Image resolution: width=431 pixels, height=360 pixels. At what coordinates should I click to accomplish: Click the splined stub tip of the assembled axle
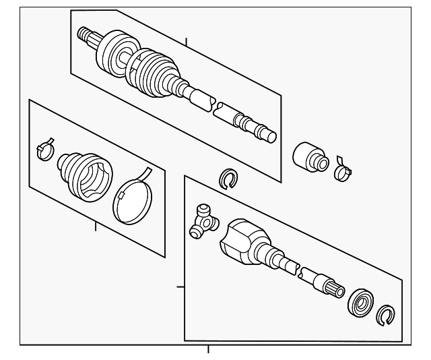86,34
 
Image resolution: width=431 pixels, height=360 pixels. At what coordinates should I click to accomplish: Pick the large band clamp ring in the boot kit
132,197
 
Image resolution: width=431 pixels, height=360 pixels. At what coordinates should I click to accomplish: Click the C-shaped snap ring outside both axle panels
229,178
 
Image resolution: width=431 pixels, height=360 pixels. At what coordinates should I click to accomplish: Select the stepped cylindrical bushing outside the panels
309,156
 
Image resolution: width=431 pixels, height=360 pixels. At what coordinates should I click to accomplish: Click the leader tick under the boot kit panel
96,227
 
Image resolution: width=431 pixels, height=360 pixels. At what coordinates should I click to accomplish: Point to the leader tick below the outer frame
208,349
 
